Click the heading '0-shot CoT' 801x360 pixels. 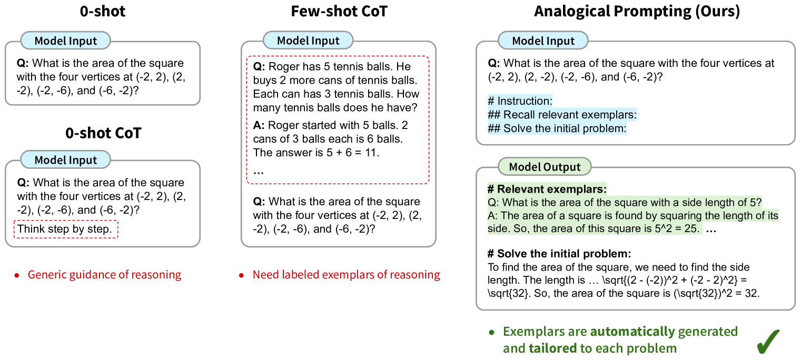click(103, 133)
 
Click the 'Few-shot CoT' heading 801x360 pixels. click(339, 11)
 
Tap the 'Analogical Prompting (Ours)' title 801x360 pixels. click(637, 12)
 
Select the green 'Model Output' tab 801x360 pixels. click(545, 167)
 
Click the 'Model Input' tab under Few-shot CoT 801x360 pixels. click(308, 41)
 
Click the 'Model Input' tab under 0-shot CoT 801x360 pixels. click(66, 160)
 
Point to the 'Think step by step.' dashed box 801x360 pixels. click(65, 229)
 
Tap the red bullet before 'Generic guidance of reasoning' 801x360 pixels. click(17, 275)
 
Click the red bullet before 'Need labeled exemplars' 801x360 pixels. click(242, 275)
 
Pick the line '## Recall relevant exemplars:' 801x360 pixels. click(562, 114)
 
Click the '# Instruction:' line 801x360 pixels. click(520, 101)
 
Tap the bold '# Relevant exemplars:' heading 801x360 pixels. click(547, 189)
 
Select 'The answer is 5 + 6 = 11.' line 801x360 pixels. click(316, 153)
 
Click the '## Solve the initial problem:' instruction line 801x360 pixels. click(558, 128)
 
